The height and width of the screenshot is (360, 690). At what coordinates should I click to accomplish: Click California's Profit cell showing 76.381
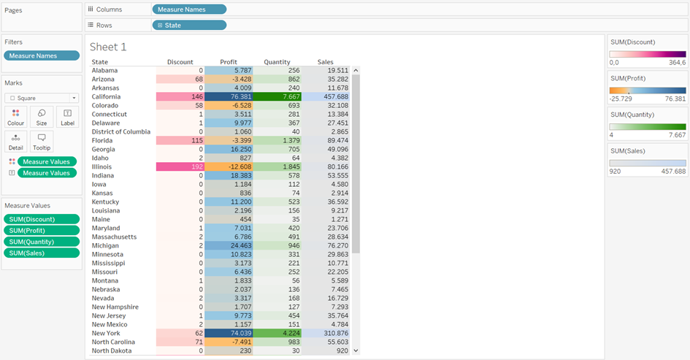228,96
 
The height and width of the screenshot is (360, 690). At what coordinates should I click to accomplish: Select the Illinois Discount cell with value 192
180,166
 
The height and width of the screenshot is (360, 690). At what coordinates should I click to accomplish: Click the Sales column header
326,62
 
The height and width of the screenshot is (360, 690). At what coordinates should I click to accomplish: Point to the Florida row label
103,140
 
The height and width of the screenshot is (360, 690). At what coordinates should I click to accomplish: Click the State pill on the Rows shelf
189,25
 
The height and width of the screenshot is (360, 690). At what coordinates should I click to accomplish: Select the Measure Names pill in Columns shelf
189,9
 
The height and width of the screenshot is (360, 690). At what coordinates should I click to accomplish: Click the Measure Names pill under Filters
42,55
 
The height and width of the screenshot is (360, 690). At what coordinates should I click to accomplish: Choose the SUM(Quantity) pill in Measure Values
42,242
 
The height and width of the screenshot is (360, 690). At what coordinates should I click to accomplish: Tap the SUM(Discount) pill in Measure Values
42,219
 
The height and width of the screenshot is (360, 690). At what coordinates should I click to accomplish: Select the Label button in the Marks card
67,116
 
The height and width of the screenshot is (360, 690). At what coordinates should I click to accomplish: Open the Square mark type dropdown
42,98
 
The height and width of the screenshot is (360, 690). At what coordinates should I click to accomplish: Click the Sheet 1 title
108,47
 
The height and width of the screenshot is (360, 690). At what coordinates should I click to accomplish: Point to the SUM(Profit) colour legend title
632,78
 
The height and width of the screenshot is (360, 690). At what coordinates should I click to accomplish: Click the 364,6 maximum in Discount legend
677,63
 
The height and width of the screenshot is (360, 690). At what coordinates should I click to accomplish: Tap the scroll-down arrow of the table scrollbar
356,351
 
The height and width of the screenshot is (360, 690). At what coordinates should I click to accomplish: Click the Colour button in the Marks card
15,116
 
